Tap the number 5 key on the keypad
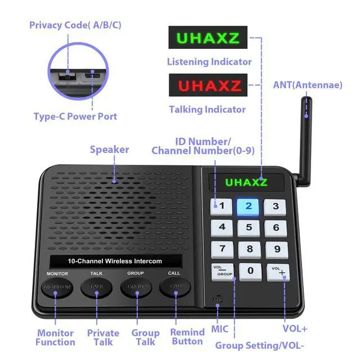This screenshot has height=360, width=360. tap(249, 228)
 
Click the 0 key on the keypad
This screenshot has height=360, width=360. tap(250, 272)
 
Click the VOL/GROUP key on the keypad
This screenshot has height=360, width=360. tap(222, 271)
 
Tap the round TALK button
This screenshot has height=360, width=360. tap(96, 287)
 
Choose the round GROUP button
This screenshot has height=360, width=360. tap(136, 287)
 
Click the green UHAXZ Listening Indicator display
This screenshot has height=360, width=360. tap(208, 39)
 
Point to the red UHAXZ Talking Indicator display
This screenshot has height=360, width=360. tap(208, 86)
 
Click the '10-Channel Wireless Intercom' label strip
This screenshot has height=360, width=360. tap(115, 261)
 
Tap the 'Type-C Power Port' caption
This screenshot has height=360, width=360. tap(83, 116)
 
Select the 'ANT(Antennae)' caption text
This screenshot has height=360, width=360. tap(307, 85)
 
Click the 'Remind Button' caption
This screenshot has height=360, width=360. tap(187, 337)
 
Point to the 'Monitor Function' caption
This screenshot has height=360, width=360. tap(55, 337)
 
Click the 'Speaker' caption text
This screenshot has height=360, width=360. tap(109, 150)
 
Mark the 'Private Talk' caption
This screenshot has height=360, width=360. tap(103, 337)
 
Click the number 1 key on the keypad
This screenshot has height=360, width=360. tap(222, 206)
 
